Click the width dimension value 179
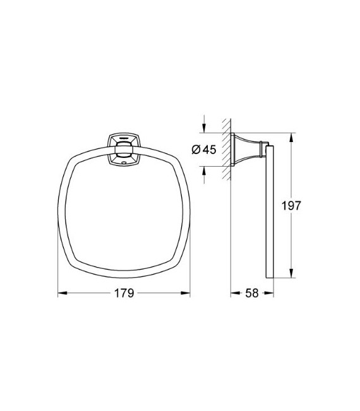pos(124,294)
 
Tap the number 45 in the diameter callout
pos(209,149)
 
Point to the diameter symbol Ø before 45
pos(196,149)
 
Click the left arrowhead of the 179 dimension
pos(61,293)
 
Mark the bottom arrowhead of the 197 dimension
pos(291,275)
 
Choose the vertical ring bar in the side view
pos(270,211)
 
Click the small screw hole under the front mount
pos(124,163)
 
